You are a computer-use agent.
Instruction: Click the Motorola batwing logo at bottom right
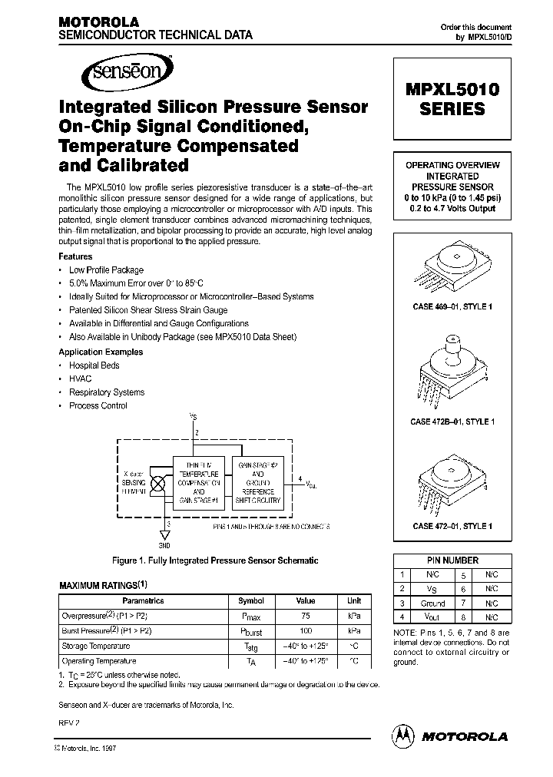[x=403, y=735]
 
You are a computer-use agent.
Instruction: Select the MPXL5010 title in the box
[x=451, y=89]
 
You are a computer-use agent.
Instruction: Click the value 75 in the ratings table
[x=306, y=615]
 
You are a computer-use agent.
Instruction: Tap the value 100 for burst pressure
[x=306, y=630]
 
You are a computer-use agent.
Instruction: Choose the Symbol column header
[x=250, y=601]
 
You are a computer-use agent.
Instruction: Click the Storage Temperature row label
[x=96, y=646]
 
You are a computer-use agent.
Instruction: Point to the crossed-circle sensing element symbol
[x=159, y=484]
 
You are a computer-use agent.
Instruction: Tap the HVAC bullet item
[x=81, y=379]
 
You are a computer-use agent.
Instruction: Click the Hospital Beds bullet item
[x=94, y=365]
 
